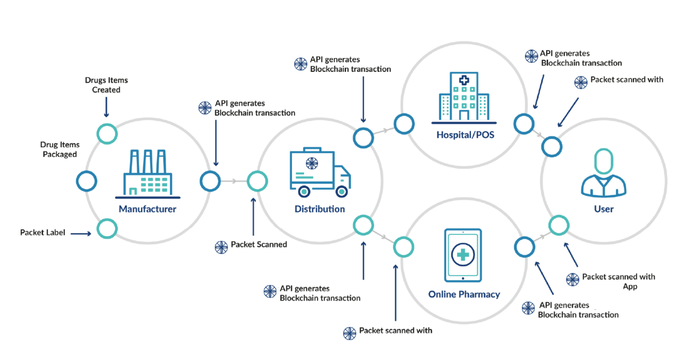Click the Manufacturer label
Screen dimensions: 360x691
(x=147, y=209)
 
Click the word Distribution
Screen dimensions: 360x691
(x=320, y=209)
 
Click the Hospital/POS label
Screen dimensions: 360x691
(x=465, y=135)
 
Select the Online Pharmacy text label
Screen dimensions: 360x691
(x=464, y=294)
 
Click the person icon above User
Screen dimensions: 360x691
(x=603, y=173)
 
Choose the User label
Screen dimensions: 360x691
(x=603, y=209)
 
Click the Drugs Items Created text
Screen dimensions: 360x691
(x=106, y=85)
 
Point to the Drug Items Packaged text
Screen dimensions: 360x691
(x=60, y=149)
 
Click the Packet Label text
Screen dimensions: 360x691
(x=43, y=233)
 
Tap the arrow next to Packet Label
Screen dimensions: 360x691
(x=81, y=234)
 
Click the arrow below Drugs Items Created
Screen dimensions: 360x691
(x=106, y=107)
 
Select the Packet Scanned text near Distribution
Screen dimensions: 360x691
(x=259, y=244)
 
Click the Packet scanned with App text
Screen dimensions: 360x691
(x=618, y=281)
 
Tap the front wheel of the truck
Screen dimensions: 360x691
(x=341, y=192)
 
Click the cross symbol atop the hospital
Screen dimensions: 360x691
(x=464, y=80)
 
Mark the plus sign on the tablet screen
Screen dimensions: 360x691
(x=463, y=255)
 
